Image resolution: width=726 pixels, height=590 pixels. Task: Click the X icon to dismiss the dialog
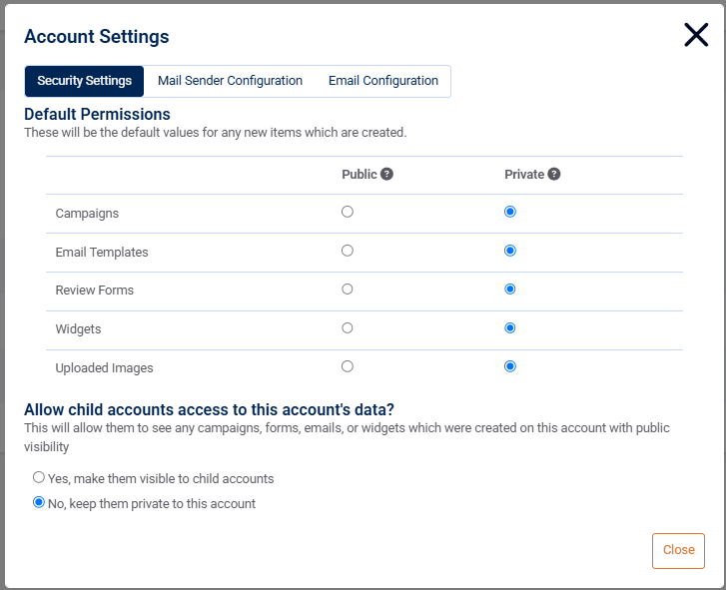coord(696,35)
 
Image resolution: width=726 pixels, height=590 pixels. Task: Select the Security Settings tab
coord(85,81)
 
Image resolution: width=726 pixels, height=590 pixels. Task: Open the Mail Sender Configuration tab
coord(230,81)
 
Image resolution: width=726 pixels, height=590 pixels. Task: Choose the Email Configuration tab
coord(383,81)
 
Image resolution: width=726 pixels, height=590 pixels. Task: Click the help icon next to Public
coord(386,174)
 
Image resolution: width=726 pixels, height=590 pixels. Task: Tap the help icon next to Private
coord(554,174)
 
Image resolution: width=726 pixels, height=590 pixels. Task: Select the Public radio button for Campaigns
coord(348,212)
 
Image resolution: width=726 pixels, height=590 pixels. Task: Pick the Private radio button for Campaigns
coord(510,212)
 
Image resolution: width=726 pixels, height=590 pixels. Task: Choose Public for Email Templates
coord(348,251)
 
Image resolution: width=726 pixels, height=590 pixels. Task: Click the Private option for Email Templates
coord(510,251)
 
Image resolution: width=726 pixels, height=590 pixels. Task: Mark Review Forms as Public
coord(348,289)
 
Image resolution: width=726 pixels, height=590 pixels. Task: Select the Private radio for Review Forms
coord(510,289)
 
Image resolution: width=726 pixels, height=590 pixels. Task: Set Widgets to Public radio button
coord(348,327)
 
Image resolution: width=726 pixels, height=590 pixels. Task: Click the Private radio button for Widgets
coord(510,327)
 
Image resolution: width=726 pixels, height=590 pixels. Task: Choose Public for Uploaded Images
coord(348,366)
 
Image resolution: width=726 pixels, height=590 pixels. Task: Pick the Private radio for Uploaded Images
coord(510,366)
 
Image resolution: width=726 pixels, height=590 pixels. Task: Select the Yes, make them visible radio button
coord(39,477)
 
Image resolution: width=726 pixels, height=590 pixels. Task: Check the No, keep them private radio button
coord(39,502)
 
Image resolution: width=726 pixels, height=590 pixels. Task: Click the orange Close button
coord(678,550)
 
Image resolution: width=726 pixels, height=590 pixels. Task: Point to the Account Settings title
coord(97,37)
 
